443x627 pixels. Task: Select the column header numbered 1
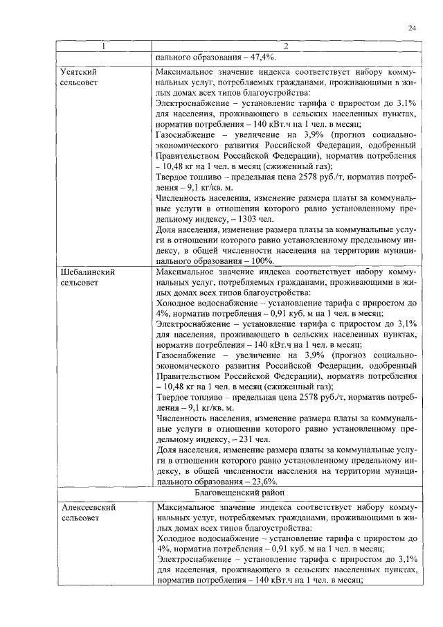pos(104,46)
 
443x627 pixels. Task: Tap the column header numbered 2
pos(284,46)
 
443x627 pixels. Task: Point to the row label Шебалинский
pos(87,272)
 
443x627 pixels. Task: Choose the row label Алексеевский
pos(87,507)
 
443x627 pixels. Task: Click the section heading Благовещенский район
pos(284,493)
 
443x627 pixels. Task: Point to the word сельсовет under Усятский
pos(81,82)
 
